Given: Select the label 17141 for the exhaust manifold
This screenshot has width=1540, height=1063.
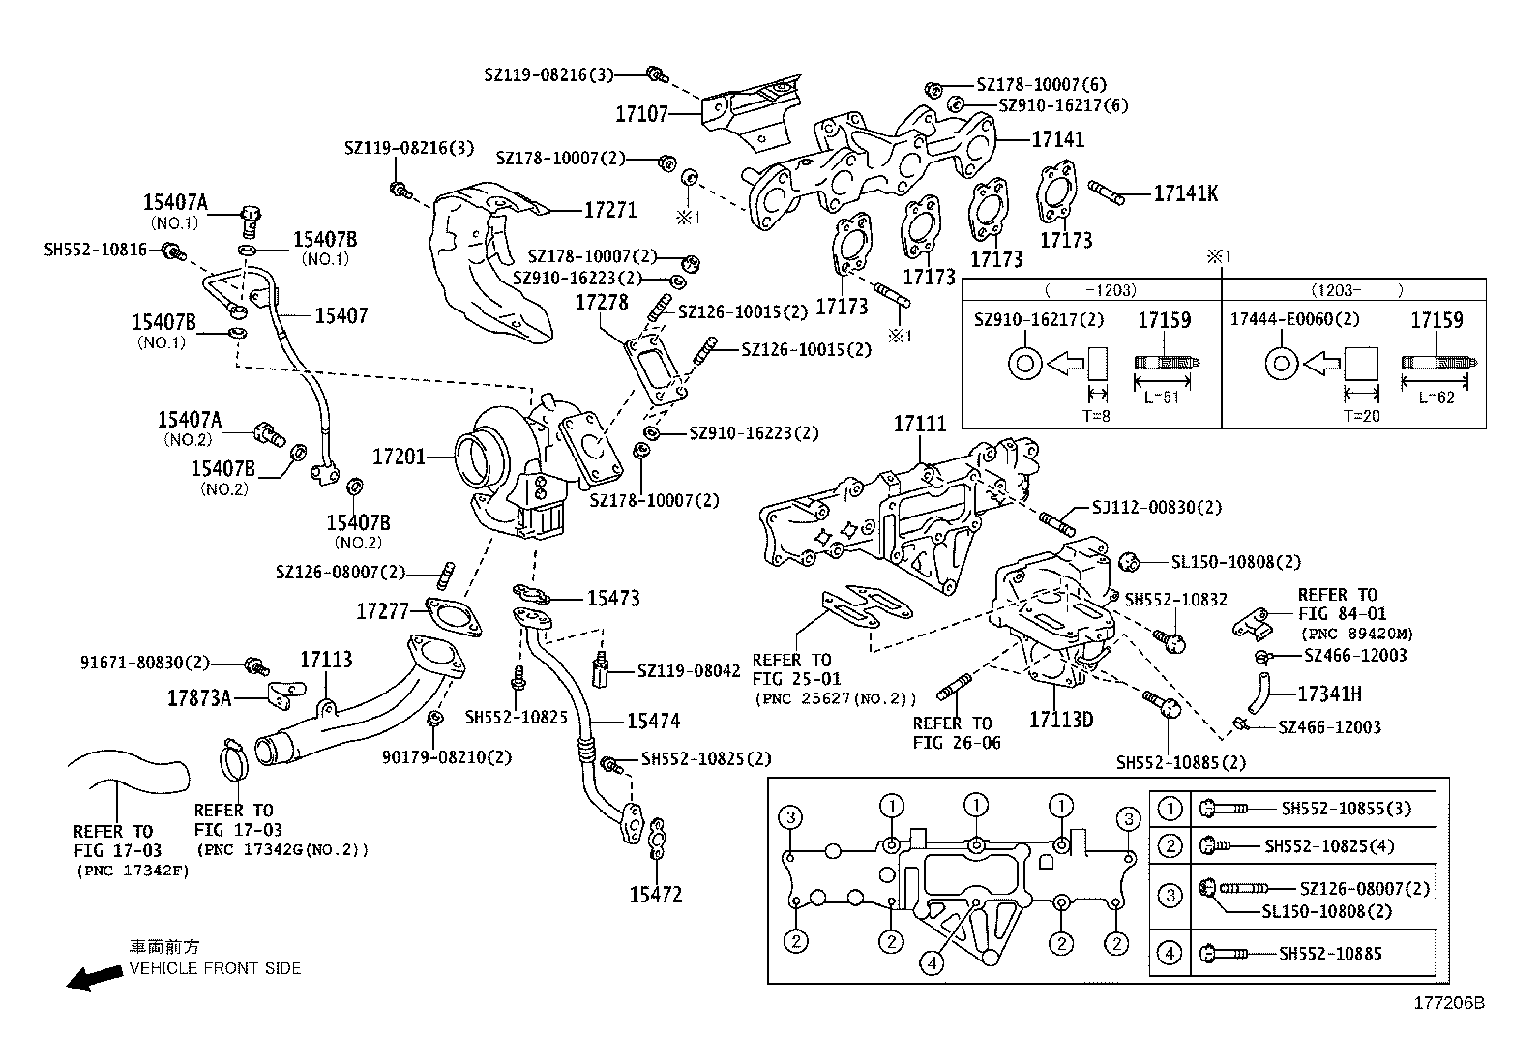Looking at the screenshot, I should pyautogui.click(x=1057, y=139).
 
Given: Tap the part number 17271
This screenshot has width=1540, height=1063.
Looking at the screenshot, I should pyautogui.click(x=609, y=209).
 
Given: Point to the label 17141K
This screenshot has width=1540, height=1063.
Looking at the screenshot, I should pyautogui.click(x=1185, y=193).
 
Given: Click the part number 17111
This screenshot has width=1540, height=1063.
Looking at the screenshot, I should pyautogui.click(x=920, y=424).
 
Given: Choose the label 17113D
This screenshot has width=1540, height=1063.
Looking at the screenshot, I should pyautogui.click(x=1060, y=720).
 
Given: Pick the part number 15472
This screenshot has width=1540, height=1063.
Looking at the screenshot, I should pyautogui.click(x=655, y=895).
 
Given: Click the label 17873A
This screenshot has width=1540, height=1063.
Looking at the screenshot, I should pyautogui.click(x=199, y=696).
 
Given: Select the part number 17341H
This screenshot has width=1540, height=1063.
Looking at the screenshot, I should pyautogui.click(x=1329, y=694).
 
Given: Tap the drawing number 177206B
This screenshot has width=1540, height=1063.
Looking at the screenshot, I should pyautogui.click(x=1448, y=1003).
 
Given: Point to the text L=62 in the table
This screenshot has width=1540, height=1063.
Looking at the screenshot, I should pyautogui.click(x=1436, y=398).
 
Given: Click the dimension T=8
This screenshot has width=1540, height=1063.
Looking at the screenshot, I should pyautogui.click(x=1096, y=416).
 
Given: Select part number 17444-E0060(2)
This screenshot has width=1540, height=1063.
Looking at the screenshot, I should pyautogui.click(x=1294, y=319).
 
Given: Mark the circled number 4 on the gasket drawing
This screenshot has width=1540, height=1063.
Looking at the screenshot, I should pyautogui.click(x=932, y=962).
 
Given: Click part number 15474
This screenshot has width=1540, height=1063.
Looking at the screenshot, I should pyautogui.click(x=653, y=721).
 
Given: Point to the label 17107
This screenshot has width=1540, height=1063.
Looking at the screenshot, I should pyautogui.click(x=641, y=114).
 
